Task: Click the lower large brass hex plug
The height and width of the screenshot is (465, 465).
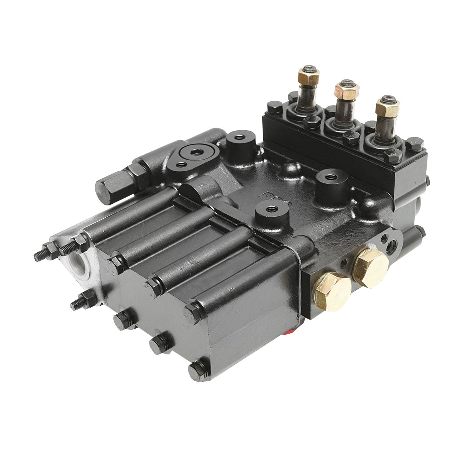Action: pyautogui.click(x=332, y=291)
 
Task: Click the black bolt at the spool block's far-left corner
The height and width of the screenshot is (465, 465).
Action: pyautogui.click(x=275, y=106)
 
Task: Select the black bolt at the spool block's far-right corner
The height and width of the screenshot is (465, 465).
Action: pyautogui.click(x=414, y=144)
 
